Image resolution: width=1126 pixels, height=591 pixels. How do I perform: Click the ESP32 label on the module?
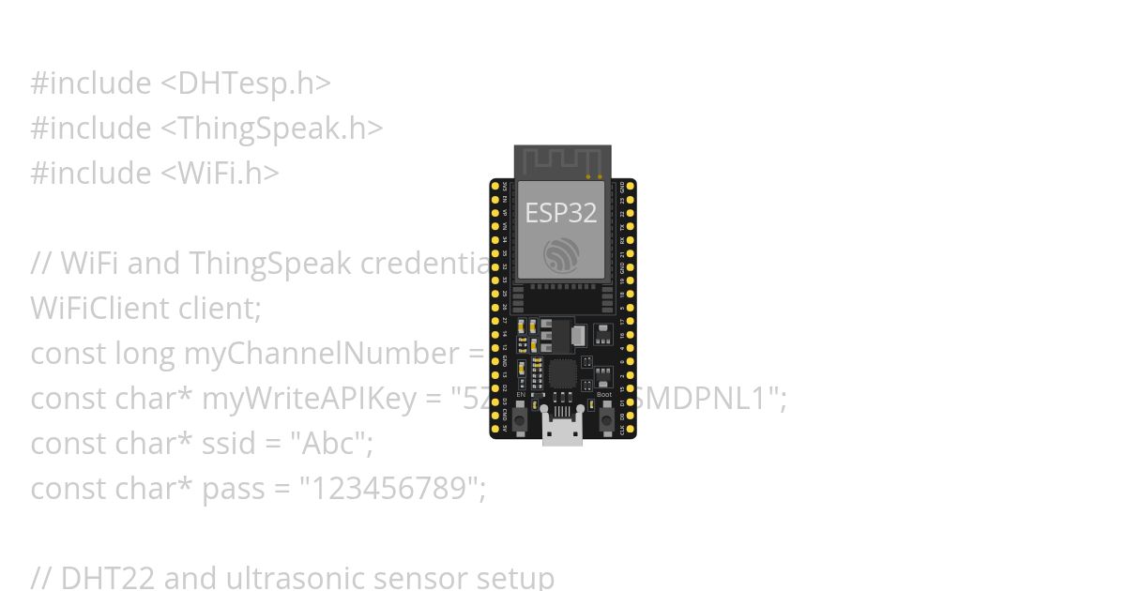coord(560,213)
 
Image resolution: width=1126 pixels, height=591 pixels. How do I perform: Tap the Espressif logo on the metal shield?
coord(561,254)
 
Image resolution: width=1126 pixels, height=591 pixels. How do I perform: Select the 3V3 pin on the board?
coord(495,186)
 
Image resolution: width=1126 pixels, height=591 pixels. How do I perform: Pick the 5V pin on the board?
coord(495,428)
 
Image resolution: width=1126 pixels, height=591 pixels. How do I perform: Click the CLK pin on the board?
coord(631,428)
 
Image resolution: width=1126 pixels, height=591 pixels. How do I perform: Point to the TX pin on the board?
coord(631,226)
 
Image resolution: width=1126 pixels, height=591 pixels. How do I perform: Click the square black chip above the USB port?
coord(562,373)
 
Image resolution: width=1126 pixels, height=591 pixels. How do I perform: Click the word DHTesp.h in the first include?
coord(245,83)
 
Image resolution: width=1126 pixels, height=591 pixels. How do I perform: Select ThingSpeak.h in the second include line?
coord(272,129)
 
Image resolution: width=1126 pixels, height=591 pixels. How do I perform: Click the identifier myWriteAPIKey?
coord(309,399)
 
